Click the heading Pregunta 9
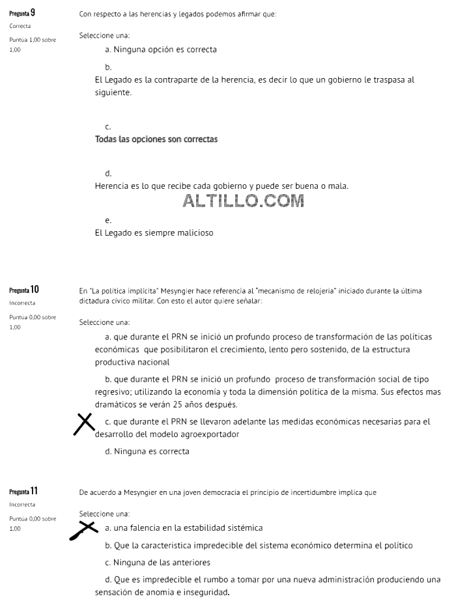(22, 13)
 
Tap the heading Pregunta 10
(24, 290)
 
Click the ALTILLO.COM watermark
(244, 201)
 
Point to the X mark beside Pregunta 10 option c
(84, 424)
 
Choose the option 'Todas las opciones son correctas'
(156, 139)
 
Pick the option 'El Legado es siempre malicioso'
(154, 232)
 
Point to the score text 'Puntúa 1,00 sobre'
(33, 40)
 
